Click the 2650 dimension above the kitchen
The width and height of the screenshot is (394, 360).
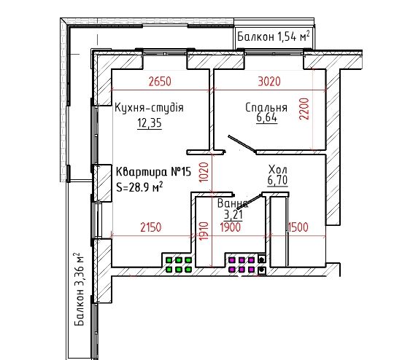tap(160, 82)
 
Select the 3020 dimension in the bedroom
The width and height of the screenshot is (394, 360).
tap(269, 82)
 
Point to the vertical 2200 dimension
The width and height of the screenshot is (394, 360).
tap(304, 109)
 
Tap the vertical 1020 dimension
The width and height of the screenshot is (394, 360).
tap(204, 172)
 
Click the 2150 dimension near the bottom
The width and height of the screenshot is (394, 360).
tap(151, 227)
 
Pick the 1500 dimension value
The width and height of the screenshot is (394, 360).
tap(298, 227)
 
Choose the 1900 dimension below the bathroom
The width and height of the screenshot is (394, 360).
tap(230, 227)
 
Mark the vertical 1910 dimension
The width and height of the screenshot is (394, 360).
tap(204, 231)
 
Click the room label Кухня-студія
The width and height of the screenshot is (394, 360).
tap(150, 107)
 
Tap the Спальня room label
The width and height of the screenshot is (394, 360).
tap(266, 107)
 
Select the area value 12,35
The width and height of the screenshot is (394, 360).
tap(150, 123)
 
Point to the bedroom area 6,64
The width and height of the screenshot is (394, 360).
tap(267, 117)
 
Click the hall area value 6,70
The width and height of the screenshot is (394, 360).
tap(278, 180)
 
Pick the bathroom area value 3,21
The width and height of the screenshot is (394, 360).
tap(233, 215)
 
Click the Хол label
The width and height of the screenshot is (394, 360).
tap(278, 170)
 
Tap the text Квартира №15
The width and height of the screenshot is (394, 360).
tap(153, 172)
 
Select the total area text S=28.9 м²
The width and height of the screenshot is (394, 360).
tap(139, 187)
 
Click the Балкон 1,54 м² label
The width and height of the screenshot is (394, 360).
tap(273, 36)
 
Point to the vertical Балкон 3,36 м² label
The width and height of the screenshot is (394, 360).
tap(80, 289)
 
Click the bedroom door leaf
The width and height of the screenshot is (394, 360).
tap(242, 144)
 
